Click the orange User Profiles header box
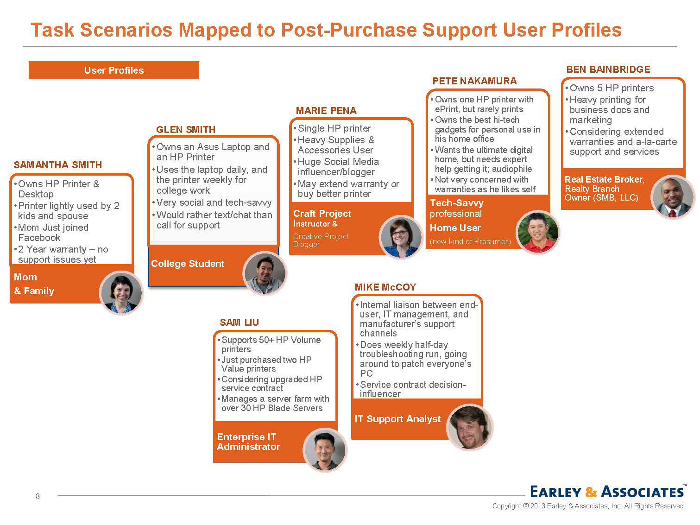click(x=114, y=70)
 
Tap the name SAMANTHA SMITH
click(x=58, y=165)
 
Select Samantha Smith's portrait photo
click(x=121, y=292)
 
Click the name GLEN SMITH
click(x=186, y=130)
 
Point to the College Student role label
click(x=188, y=264)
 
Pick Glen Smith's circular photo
click(x=265, y=273)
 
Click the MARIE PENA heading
click(x=326, y=111)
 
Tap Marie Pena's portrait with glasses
click(x=400, y=237)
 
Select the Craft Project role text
click(x=322, y=214)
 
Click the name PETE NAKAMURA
click(x=474, y=81)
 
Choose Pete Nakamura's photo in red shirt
click(x=536, y=232)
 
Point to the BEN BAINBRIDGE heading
click(x=608, y=70)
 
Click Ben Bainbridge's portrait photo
click(x=672, y=196)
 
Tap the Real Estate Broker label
click(x=604, y=180)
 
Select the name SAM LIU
click(x=239, y=323)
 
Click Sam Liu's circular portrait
click(x=325, y=449)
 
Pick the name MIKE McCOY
click(x=385, y=287)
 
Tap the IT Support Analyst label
click(x=397, y=419)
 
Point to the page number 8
click(x=38, y=496)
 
